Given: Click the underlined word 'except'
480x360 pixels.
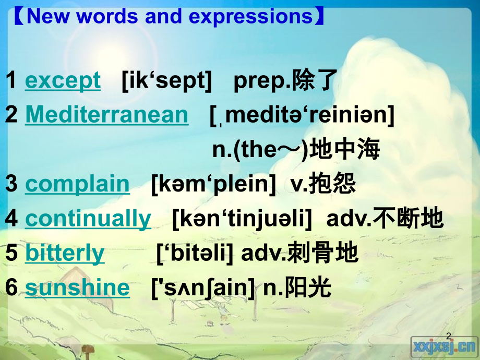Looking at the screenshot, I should pos(63,81).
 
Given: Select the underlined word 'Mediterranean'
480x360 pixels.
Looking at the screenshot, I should pos(106,115).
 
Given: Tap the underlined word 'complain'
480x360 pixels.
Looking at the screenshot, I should pos(77,184).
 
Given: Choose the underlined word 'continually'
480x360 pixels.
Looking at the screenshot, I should pos(88,219).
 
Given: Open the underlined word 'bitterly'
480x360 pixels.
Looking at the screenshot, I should pos(65,253).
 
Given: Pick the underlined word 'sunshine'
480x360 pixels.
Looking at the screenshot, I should pos(77,287).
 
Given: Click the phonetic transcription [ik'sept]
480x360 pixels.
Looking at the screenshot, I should pos(166,81).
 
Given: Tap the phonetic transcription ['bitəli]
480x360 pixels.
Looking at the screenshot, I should pos(194,253).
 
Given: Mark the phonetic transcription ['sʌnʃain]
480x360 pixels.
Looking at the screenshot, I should pos(203,287).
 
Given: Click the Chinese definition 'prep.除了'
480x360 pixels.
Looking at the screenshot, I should pos(285,81).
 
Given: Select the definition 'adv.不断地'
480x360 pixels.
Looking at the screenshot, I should pos(385,219).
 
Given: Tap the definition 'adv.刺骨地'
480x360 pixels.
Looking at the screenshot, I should pos(299,253).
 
